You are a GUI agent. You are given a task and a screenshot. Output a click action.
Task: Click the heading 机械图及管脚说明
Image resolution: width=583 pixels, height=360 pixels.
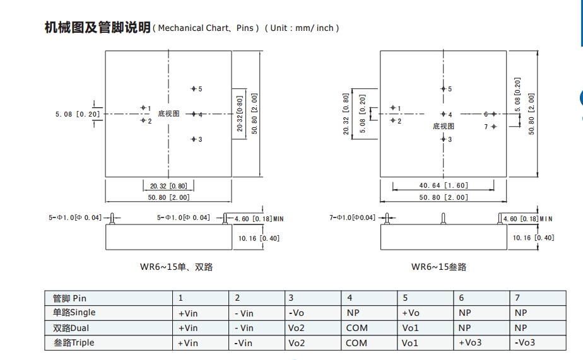(x=97, y=28)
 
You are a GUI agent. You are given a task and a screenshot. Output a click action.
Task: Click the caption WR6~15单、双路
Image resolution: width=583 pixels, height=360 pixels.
(x=176, y=267)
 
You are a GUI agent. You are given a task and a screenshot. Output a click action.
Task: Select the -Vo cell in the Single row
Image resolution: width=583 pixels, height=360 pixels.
(x=297, y=313)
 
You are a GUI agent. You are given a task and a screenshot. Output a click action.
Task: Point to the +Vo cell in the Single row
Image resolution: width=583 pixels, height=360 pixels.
(x=410, y=313)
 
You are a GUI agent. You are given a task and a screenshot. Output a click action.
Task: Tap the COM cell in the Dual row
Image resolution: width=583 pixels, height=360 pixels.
(x=356, y=328)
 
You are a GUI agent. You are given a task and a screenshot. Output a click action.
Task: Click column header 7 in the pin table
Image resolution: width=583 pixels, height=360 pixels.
(x=517, y=298)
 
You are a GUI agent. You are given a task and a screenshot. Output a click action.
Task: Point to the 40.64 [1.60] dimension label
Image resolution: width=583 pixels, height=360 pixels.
(x=442, y=186)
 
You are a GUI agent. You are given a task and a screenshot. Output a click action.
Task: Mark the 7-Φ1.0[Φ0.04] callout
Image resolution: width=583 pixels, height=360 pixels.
(x=352, y=218)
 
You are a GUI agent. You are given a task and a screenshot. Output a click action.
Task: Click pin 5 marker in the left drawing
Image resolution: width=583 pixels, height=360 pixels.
(x=194, y=89)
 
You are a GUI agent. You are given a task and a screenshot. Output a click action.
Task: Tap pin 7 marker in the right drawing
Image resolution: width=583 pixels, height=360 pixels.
(x=493, y=127)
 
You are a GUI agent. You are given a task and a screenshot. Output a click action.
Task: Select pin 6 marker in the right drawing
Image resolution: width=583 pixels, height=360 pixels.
(x=493, y=114)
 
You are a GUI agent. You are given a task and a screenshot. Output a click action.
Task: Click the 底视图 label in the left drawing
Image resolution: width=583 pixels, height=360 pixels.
(x=168, y=114)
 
